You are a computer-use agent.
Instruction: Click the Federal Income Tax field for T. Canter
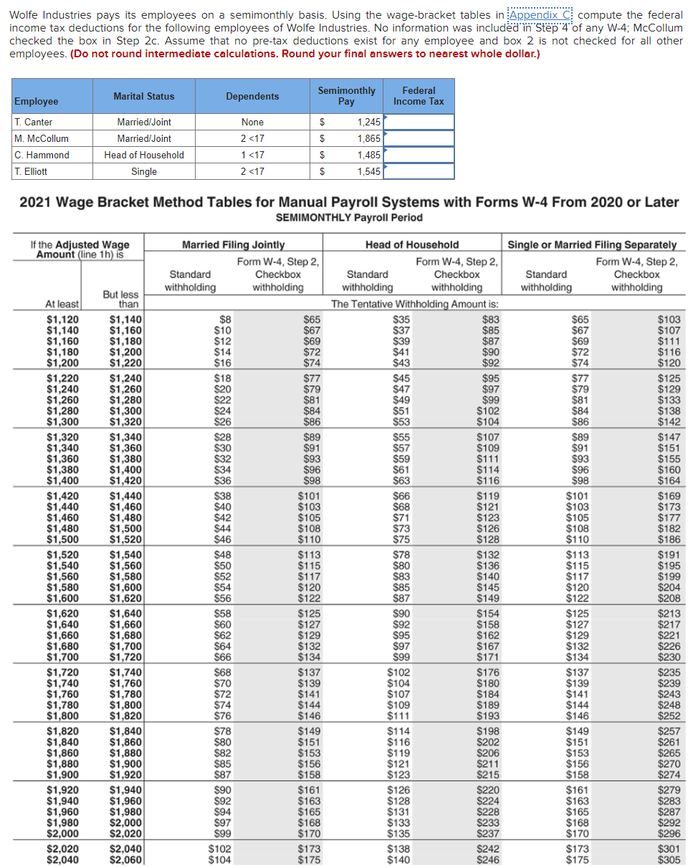click(x=419, y=122)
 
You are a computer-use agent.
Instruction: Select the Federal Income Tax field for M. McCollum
click(x=419, y=138)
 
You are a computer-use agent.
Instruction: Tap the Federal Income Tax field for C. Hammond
click(x=419, y=155)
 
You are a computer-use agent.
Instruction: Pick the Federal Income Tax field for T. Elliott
click(x=419, y=171)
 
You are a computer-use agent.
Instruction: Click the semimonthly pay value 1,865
click(x=369, y=138)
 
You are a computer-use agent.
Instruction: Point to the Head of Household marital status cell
click(x=144, y=155)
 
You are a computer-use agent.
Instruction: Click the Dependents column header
click(x=252, y=96)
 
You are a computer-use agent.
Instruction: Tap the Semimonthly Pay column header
click(x=346, y=96)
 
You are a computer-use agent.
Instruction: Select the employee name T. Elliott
click(x=31, y=171)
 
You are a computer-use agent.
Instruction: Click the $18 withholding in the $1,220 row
click(x=223, y=378)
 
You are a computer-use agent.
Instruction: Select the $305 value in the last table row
click(x=669, y=860)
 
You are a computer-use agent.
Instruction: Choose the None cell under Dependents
click(x=252, y=122)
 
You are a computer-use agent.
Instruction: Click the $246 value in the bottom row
click(x=488, y=860)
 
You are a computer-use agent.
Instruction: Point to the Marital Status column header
click(x=144, y=96)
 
